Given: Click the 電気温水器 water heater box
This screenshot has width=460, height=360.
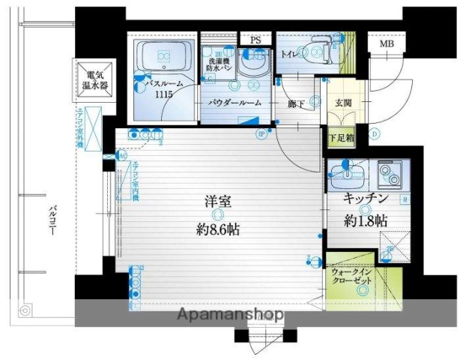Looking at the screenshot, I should click(94, 80).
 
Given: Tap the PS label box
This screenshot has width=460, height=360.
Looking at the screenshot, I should click(256, 40).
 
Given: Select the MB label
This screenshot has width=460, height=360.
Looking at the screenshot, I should click(387, 43).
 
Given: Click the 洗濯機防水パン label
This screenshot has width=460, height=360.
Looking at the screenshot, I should click(219, 63).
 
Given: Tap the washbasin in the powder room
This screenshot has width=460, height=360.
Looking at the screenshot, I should click(258, 62).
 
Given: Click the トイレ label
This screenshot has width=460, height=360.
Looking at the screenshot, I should click(291, 54).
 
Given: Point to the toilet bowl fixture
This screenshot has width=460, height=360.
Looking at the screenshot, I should click(318, 51).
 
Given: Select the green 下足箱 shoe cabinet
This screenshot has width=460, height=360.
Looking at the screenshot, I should click(340, 138).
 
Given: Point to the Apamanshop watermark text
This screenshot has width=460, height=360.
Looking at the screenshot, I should click(229, 316).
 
